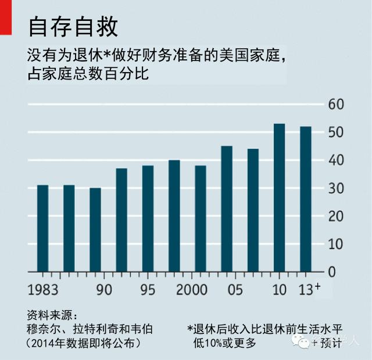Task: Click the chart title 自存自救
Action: coord(73,26)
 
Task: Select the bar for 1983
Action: coord(42,228)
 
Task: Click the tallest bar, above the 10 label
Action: coord(279,197)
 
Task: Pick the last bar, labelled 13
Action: coord(306,199)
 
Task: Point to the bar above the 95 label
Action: coord(148,218)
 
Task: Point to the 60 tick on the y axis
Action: coord(337,105)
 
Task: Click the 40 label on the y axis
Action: coord(337,160)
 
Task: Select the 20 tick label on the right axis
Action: coord(337,216)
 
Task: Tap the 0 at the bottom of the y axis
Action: coord(333,272)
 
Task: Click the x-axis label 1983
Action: coord(42,290)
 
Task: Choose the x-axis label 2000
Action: coord(192,290)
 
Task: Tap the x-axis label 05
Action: coord(235,290)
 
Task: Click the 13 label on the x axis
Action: coord(305,290)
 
